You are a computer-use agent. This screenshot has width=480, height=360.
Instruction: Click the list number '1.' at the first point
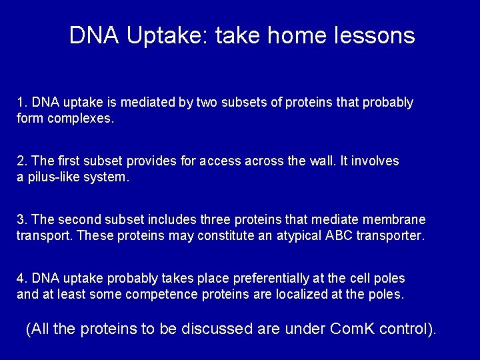22,103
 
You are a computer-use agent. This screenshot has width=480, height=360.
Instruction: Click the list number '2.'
22,161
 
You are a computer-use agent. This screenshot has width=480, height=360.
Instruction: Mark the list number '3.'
22,219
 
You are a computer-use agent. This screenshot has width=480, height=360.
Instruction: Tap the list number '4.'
22,277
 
